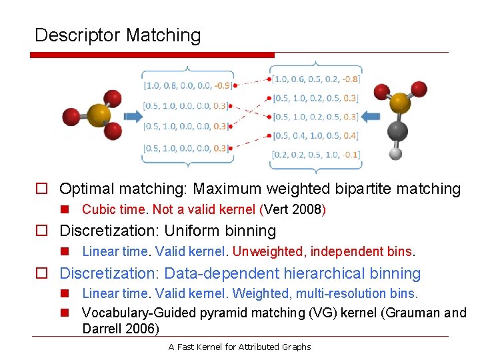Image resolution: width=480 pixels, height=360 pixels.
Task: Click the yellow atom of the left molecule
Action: point(99,115)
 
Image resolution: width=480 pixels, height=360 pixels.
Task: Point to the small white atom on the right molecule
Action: point(395,153)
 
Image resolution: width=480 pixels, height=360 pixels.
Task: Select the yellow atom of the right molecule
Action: point(400,103)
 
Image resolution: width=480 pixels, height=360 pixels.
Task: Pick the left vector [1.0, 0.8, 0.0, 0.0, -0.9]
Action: point(187,85)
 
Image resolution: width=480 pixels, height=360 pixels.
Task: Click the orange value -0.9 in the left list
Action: point(223,85)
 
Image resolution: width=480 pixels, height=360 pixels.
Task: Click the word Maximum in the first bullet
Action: point(231,189)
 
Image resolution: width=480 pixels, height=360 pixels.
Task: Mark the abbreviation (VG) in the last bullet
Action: point(324,313)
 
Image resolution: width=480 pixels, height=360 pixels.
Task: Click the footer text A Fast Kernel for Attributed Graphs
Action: point(239,347)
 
